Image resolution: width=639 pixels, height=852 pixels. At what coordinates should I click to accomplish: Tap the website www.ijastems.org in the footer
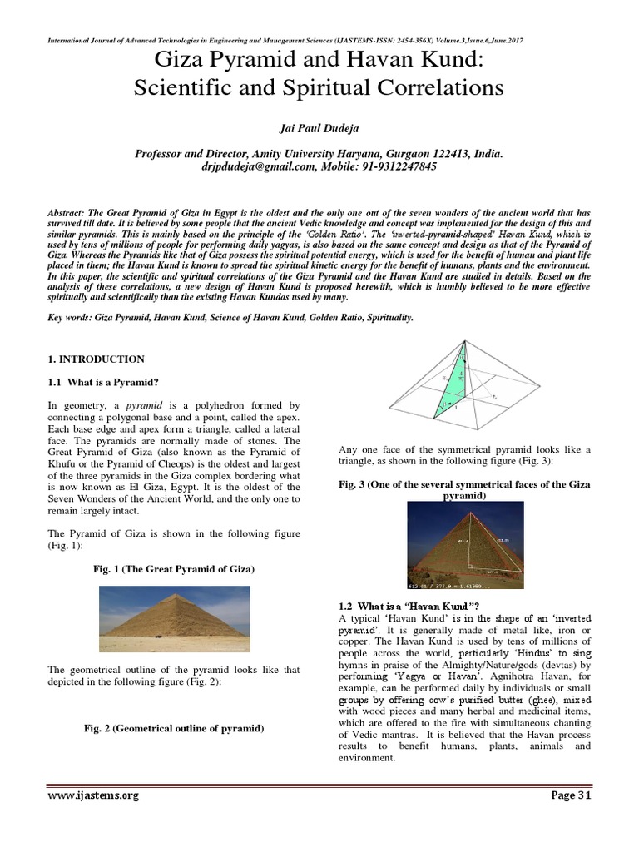92,795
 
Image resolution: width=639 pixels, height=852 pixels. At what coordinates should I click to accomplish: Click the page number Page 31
570,795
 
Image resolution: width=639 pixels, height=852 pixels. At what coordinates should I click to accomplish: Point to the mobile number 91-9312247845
401,166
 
